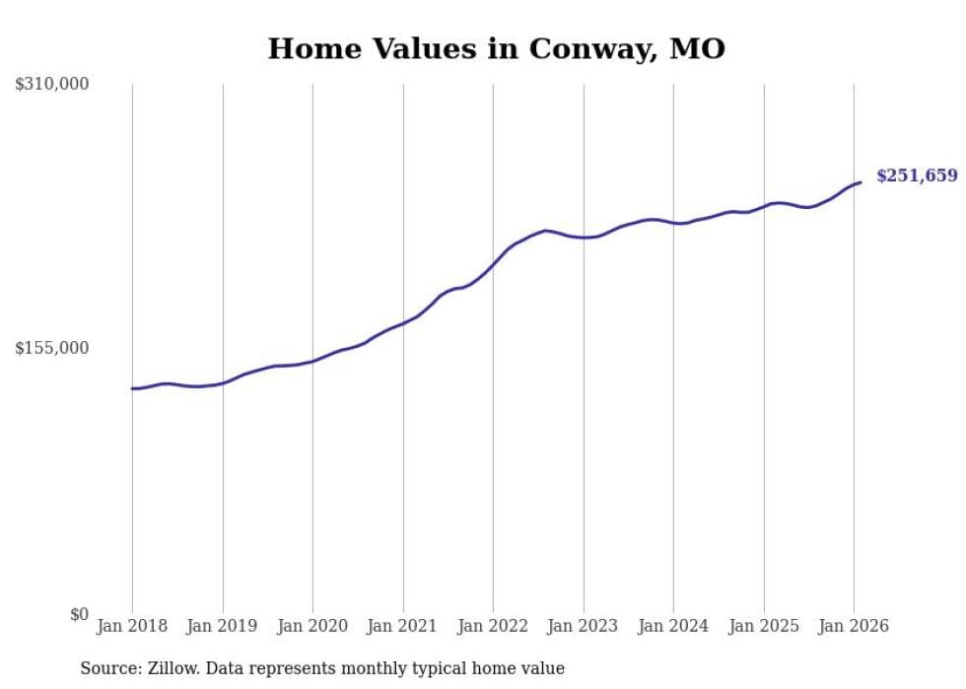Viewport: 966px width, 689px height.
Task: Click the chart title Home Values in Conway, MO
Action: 496,49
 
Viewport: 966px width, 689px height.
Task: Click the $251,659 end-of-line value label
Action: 916,176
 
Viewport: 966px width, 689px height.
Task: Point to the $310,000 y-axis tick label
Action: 52,85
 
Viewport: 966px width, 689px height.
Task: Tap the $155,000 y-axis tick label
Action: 52,348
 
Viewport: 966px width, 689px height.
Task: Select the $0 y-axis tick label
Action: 79,614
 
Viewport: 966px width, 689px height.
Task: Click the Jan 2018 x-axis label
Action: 132,626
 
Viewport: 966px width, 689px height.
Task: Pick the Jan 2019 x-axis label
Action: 223,626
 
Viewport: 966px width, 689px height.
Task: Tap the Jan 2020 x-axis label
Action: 312,626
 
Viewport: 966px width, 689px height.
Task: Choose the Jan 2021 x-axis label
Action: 403,626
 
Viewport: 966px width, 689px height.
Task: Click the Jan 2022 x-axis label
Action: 493,626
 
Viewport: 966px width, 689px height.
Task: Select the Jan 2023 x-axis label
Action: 584,626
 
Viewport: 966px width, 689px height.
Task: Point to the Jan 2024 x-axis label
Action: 673,626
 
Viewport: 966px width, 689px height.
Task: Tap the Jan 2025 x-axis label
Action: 764,626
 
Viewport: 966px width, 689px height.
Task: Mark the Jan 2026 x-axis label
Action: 854,626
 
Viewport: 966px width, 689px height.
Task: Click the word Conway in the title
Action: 587,49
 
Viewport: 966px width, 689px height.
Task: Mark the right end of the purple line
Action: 861,182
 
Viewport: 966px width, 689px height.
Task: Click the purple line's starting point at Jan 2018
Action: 132,388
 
